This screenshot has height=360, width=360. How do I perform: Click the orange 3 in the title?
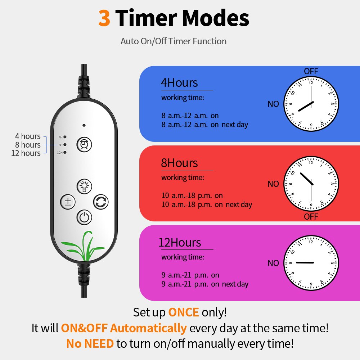pyautogui.click(x=104, y=18)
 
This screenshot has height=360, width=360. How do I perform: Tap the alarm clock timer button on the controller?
pyautogui.click(x=84, y=145)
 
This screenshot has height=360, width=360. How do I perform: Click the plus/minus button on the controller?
pyautogui.click(x=68, y=202)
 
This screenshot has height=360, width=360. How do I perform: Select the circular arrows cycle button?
pyautogui.click(x=101, y=202)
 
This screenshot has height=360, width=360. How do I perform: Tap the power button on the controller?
pyautogui.click(x=84, y=217)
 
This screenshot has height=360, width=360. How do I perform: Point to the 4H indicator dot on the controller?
pyautogui.click(x=65, y=137)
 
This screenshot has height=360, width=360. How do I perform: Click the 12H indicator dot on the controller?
pyautogui.click(x=65, y=152)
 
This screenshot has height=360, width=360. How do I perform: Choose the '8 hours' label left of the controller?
pyautogui.click(x=28, y=145)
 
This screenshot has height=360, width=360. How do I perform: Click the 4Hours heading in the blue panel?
pyautogui.click(x=179, y=83)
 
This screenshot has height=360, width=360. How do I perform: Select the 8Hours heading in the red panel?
pyautogui.click(x=179, y=163)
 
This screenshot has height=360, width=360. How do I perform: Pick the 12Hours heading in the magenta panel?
pyautogui.click(x=180, y=242)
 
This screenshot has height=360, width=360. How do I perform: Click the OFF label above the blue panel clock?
pyautogui.click(x=311, y=71)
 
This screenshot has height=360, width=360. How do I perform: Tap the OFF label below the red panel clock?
pyautogui.click(x=311, y=216)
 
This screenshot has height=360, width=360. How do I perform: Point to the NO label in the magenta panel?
pyautogui.click(x=273, y=263)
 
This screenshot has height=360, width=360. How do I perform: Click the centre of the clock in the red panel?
pyautogui.click(x=311, y=184)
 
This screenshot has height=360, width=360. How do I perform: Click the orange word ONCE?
pyautogui.click(x=184, y=312)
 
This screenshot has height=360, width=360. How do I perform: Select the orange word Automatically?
pyautogui.click(x=148, y=328)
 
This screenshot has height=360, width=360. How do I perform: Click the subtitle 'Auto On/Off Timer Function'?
pyautogui.click(x=174, y=41)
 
